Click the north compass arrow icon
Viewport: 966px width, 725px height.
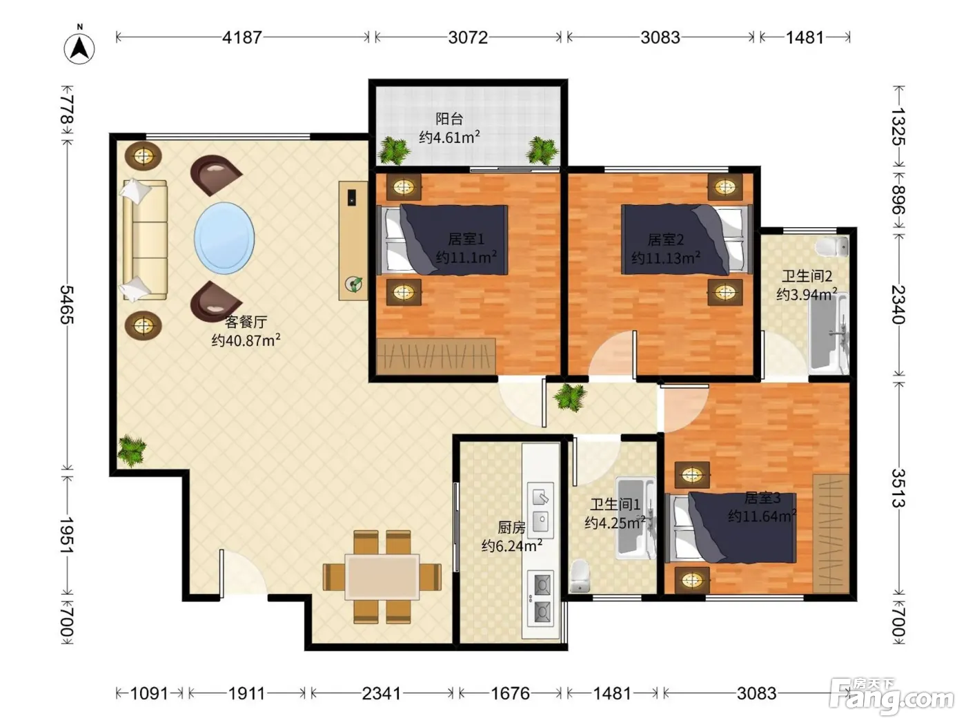[x=79, y=46]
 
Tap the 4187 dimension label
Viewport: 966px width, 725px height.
[x=241, y=37]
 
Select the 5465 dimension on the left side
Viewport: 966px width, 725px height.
[x=67, y=304]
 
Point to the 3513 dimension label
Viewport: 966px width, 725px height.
[x=898, y=488]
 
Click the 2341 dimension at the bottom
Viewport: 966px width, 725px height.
[x=382, y=694]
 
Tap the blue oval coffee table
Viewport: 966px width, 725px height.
[x=224, y=238]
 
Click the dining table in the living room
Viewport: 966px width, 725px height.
[x=382, y=577]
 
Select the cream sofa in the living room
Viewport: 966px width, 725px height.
[x=145, y=240]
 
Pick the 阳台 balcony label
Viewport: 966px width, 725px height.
[x=449, y=119]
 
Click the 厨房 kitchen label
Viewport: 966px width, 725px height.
[x=511, y=527]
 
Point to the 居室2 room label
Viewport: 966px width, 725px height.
[x=665, y=240]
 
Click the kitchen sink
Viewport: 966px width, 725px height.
[x=540, y=510]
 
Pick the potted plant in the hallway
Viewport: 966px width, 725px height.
[x=571, y=397]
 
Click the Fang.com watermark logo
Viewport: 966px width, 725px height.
[x=891, y=696]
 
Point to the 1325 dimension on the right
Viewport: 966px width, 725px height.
[x=898, y=126]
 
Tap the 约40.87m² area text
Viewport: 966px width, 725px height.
[x=246, y=340]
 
